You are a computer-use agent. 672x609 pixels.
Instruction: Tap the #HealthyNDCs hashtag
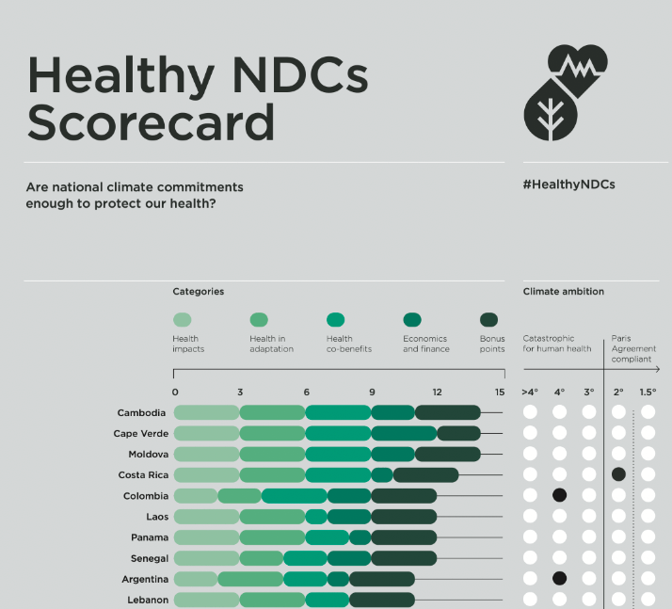tap(568, 184)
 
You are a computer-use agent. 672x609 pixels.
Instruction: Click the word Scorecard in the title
tap(151, 122)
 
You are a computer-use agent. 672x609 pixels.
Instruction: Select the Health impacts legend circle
tap(183, 320)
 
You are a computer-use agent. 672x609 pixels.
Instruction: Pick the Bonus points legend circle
tap(488, 320)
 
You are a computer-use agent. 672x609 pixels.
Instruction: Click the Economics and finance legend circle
tap(411, 320)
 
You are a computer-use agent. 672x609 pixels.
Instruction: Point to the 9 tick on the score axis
tap(372, 392)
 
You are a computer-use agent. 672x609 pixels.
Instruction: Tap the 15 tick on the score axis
tap(500, 392)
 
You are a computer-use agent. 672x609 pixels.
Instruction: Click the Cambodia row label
tap(142, 412)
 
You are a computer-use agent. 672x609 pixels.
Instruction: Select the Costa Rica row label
tap(143, 475)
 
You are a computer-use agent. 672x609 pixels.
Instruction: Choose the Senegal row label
tap(150, 558)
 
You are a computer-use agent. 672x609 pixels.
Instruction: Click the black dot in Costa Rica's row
tap(618, 474)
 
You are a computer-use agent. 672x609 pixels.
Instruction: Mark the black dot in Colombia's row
tap(559, 495)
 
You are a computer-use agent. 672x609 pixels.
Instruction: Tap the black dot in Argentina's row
tap(559, 579)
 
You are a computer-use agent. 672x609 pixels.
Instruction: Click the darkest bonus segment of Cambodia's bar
tap(447, 412)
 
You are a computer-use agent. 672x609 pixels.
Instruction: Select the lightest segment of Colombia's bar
tap(196, 496)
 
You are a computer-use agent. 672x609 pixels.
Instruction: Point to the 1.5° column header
tap(648, 392)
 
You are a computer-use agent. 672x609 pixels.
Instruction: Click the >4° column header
tap(530, 392)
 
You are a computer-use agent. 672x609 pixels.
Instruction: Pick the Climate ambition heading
tap(563, 292)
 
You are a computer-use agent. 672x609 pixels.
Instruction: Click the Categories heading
tap(198, 292)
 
